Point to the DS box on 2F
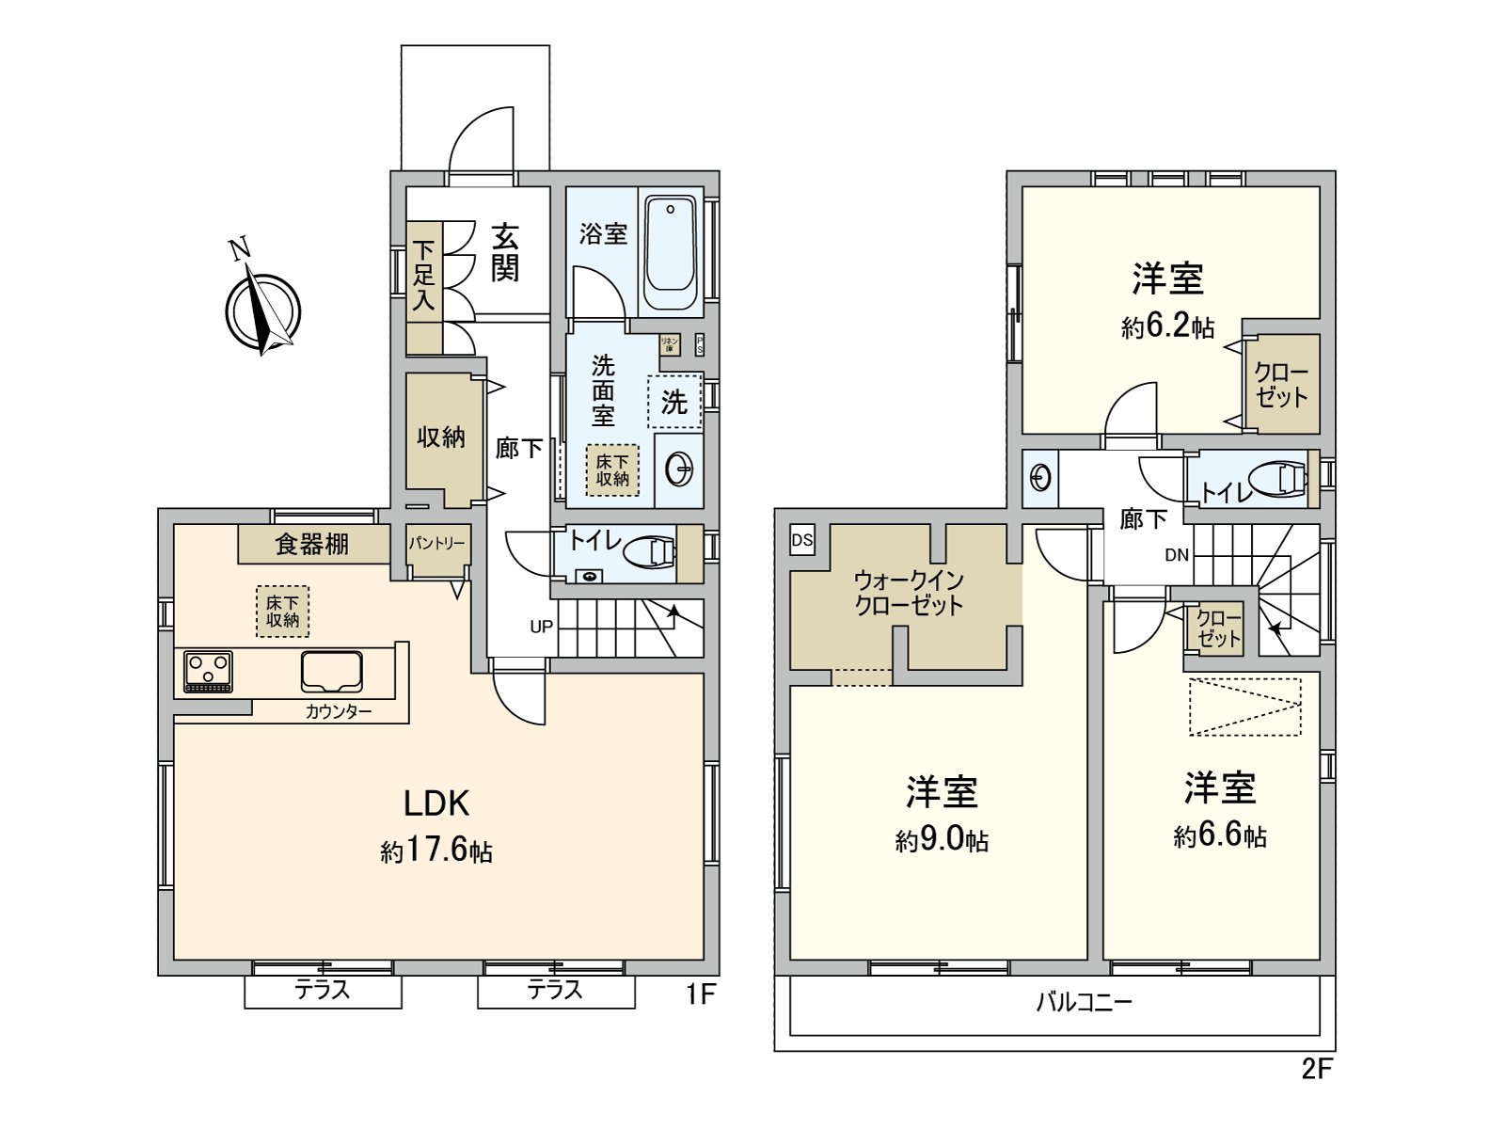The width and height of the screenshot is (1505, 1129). (x=802, y=540)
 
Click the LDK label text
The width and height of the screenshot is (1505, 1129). (x=436, y=803)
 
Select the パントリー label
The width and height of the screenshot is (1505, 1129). (x=436, y=544)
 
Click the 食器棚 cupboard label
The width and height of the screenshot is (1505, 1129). (x=311, y=544)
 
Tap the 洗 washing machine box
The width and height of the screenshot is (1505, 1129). (x=674, y=403)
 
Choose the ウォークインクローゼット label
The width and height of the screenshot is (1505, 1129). (x=909, y=593)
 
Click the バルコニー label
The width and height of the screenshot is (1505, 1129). (x=1084, y=1001)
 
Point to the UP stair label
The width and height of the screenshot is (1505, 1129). (x=541, y=627)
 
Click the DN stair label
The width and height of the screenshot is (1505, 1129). (x=1177, y=555)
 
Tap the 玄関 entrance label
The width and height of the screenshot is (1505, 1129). (x=505, y=252)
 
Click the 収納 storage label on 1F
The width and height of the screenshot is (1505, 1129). (x=441, y=437)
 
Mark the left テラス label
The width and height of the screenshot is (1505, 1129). (x=323, y=990)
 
